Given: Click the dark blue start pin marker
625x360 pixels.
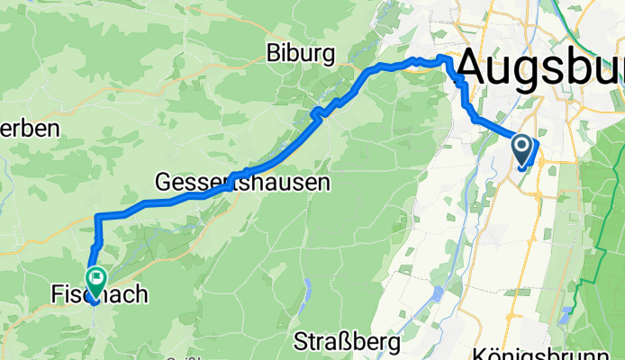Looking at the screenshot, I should [522, 146].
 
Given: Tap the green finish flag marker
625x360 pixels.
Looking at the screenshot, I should [95, 279].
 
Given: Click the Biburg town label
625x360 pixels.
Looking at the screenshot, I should [301, 54].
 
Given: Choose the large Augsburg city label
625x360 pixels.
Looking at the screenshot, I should [540, 67].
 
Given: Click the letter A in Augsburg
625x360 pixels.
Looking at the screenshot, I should [477, 67].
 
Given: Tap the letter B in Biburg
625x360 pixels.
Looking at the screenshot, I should [274, 54].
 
